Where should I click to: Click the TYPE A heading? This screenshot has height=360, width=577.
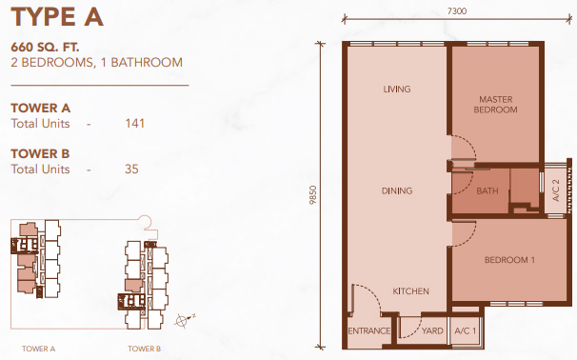coord(57,16)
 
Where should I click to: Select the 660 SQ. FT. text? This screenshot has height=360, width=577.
coord(45,47)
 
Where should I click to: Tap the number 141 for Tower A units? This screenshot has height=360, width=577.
coord(134,123)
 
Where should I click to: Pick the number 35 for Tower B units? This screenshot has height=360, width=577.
coord(131,169)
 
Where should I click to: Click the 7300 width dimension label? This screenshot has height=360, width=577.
coord(457,11)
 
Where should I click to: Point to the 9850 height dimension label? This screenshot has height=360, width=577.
coord(313,195)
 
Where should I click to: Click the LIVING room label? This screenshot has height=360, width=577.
coord(397,90)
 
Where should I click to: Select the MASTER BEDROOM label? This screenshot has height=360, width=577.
coord(496,105)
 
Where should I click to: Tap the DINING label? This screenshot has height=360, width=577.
coord(397,190)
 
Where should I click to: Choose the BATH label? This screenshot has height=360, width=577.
coord(487,190)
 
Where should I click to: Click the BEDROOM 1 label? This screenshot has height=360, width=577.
coord(509,260)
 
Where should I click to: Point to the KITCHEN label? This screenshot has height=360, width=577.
coord(410,291)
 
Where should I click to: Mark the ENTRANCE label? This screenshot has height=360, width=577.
coord(369,330)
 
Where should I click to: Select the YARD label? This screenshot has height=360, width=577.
coord(432,330)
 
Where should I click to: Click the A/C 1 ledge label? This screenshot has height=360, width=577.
coord(466,330)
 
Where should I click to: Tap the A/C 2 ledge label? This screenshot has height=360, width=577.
coord(556,190)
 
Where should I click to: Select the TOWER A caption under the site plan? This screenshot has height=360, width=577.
coord(38,349)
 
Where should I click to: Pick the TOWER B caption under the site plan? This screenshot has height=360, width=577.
coord(145,349)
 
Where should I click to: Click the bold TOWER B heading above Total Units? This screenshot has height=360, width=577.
coord(40,153)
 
